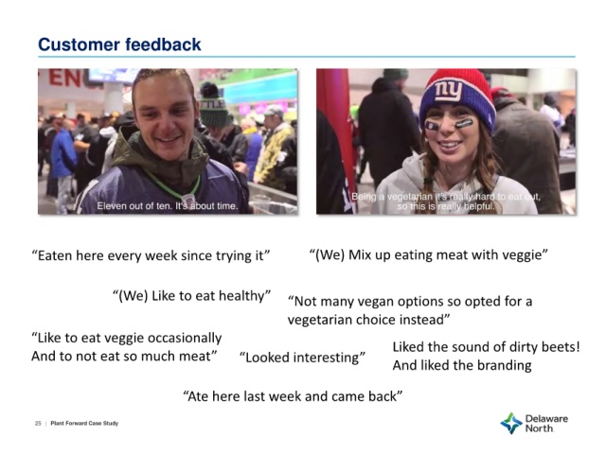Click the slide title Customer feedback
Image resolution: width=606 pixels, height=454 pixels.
click(x=119, y=44)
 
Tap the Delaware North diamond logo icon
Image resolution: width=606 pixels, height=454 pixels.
click(x=511, y=423)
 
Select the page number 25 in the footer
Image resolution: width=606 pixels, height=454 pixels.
click(x=38, y=424)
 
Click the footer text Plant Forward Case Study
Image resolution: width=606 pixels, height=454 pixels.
click(x=84, y=424)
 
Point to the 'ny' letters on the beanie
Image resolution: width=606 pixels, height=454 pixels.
click(x=448, y=92)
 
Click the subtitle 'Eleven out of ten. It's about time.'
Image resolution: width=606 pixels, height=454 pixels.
click(x=168, y=206)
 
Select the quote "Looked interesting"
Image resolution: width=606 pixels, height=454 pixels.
click(x=302, y=358)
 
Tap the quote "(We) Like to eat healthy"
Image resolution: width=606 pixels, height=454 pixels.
click(x=191, y=296)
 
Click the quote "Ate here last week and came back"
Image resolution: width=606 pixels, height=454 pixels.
click(x=293, y=396)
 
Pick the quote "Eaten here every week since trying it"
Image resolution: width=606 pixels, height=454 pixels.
click(x=151, y=256)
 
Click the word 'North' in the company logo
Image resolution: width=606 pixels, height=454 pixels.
click(x=539, y=428)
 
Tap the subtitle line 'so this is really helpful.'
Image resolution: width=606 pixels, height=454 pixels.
click(x=446, y=206)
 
